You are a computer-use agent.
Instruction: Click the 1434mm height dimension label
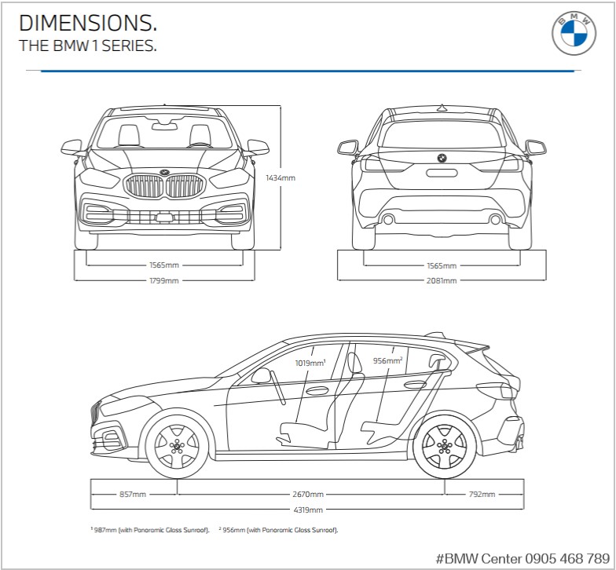(280, 178)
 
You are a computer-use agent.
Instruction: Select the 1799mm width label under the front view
(164, 280)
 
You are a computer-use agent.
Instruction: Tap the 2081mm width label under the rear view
(442, 280)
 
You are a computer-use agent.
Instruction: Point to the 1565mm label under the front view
(164, 265)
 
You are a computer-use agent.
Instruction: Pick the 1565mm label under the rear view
(442, 265)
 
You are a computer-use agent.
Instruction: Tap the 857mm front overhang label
(133, 495)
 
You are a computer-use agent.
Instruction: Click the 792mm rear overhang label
(482, 495)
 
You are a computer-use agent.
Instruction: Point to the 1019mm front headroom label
(310, 364)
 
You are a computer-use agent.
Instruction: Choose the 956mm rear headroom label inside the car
(387, 361)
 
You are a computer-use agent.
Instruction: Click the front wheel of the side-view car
(177, 447)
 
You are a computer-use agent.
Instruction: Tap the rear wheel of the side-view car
(444, 447)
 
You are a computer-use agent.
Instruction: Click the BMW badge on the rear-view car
(442, 158)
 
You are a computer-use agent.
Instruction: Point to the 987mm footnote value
(104, 530)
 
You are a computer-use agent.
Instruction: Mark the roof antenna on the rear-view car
(442, 107)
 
